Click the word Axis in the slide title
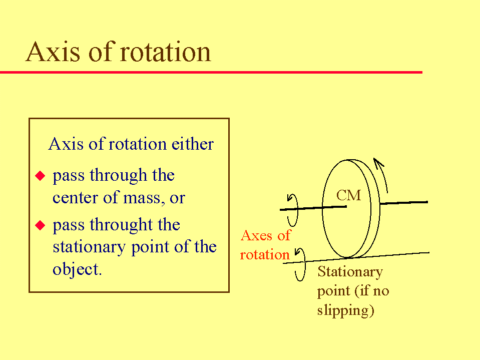(53, 52)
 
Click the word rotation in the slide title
(165, 52)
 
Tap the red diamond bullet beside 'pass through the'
(40, 176)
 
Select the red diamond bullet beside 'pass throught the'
(40, 225)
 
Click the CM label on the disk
(349, 195)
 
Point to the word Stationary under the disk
(350, 272)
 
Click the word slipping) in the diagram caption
(346, 310)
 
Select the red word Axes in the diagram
(257, 236)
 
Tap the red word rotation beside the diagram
(265, 255)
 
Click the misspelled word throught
(121, 225)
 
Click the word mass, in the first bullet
(144, 198)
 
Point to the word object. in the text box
(77, 269)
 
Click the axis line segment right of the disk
(403, 203)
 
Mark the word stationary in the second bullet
(89, 247)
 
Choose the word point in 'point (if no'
(333, 291)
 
